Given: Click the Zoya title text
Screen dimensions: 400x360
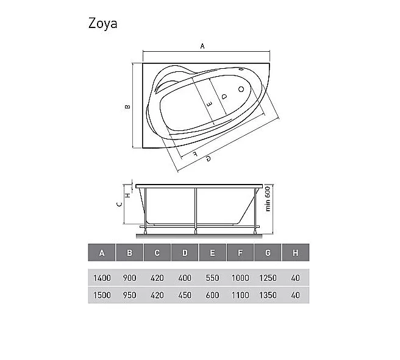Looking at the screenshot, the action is [103, 23].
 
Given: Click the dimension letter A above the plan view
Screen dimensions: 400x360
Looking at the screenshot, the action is [202, 46].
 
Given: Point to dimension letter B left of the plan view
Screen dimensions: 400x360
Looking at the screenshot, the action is [127, 107].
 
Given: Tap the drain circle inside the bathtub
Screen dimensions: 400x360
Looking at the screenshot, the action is [241, 89].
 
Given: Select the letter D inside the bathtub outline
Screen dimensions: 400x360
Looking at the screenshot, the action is [224, 97].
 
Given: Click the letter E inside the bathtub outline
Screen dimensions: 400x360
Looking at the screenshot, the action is [209, 104].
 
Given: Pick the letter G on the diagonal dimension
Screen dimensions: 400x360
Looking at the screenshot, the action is [209, 159].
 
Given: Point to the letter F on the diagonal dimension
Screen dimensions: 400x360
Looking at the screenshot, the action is [195, 154].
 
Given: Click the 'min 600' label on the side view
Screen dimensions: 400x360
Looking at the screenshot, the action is [267, 199].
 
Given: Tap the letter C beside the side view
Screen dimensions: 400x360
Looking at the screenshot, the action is [119, 204].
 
